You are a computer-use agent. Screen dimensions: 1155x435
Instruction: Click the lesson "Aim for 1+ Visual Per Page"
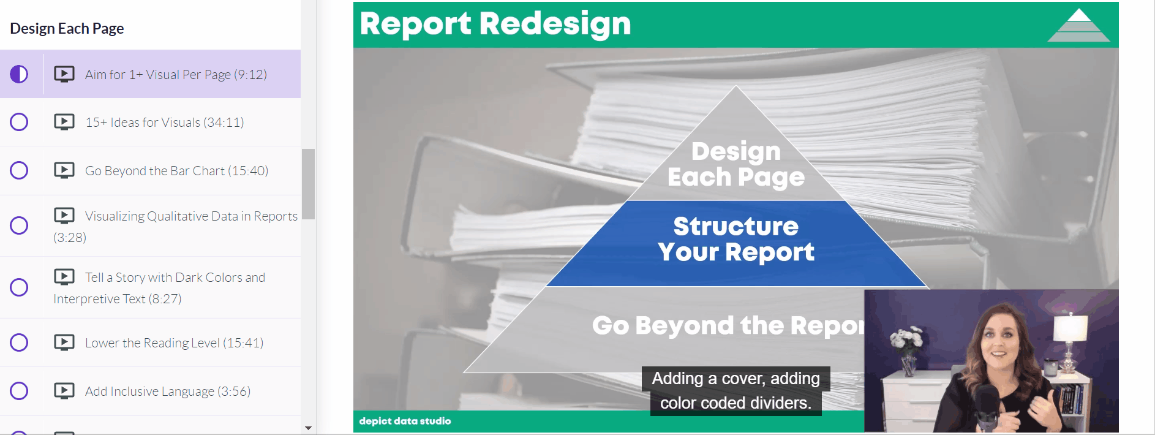[176, 75]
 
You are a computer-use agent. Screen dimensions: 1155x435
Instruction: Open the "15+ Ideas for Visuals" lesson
[164, 123]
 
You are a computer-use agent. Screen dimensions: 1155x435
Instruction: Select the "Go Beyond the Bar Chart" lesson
[176, 171]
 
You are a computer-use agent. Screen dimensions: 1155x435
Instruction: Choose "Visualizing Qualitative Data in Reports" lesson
[175, 226]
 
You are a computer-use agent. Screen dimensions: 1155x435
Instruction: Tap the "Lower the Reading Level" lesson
[174, 343]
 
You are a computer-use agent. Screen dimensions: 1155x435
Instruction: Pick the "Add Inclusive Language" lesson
[168, 391]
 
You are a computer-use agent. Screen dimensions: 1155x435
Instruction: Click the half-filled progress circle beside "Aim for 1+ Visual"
[19, 74]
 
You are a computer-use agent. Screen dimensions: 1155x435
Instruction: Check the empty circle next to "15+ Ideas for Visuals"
[19, 122]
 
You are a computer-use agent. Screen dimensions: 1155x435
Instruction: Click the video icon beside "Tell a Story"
[64, 277]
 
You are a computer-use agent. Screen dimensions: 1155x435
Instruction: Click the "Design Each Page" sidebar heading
[67, 28]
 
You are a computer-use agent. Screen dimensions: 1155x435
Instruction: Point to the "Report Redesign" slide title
[495, 24]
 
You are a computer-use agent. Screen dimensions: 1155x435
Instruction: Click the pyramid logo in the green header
[1078, 25]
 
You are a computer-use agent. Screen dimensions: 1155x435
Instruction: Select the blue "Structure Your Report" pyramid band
[736, 243]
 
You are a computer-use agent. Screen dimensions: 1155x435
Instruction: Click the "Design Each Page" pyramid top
[736, 164]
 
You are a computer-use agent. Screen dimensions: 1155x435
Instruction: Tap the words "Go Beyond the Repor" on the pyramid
[728, 325]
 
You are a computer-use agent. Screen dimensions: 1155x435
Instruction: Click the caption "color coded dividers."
[736, 403]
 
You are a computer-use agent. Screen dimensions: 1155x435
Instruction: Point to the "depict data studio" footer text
[405, 421]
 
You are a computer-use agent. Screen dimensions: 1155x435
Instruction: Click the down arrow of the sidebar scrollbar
[308, 428]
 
